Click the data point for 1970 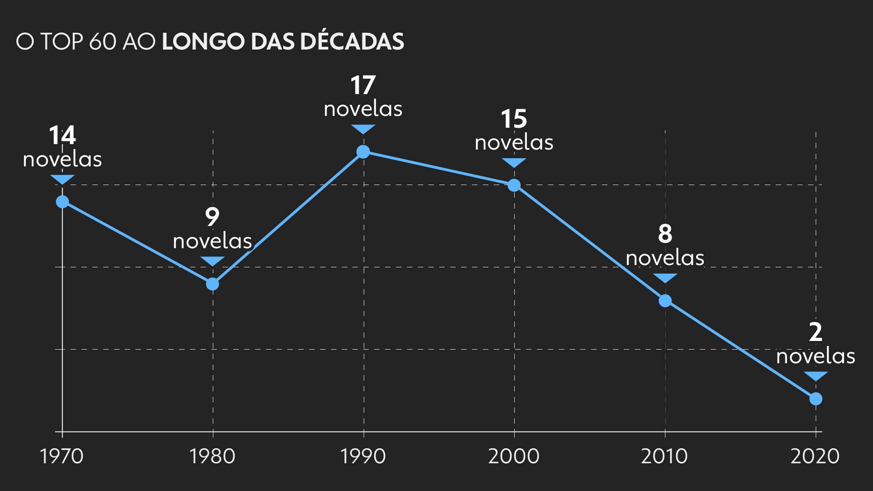coord(62,201)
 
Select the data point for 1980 coord(212,284)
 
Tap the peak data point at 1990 coord(363,151)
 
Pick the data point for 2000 coord(514,185)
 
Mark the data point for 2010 coord(665,301)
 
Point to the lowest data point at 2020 coord(816,399)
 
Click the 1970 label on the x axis coord(62,456)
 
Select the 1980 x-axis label coord(212,456)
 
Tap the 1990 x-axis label coord(363,456)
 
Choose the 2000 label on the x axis coord(514,456)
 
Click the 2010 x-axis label coord(664,456)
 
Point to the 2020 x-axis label coord(815,456)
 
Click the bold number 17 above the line coord(363,85)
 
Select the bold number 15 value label coord(514,119)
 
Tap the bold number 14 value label coord(62,135)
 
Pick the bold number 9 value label coord(212,217)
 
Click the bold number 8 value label coord(665,234)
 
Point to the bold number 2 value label coord(816,332)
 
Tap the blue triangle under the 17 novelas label coord(363,129)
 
